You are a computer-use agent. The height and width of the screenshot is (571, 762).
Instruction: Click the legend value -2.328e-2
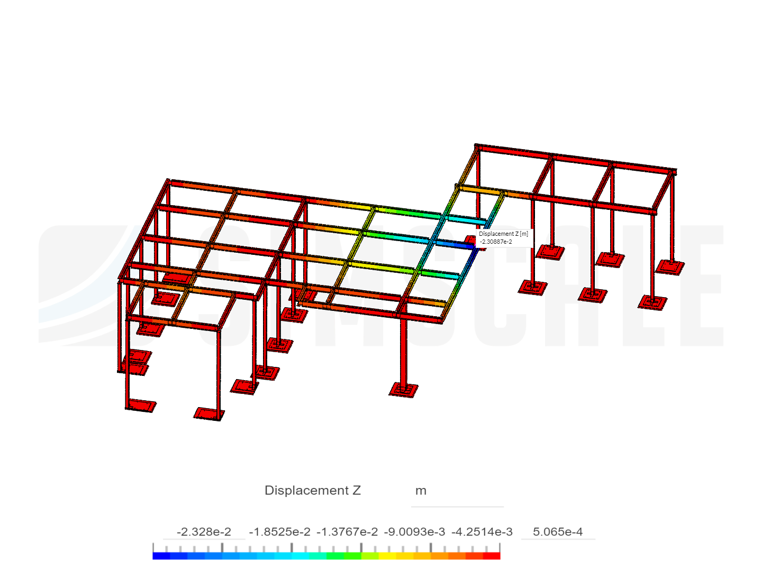[x=204, y=532]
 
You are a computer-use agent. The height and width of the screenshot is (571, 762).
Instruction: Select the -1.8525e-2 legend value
[x=279, y=532]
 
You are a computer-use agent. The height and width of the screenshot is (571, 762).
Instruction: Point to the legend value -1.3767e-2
[x=347, y=532]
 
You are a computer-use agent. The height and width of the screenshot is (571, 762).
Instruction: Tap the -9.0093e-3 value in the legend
[x=414, y=532]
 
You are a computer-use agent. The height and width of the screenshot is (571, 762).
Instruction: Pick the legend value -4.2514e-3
[x=482, y=532]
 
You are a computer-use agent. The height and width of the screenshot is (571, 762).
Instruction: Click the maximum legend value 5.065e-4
[x=558, y=532]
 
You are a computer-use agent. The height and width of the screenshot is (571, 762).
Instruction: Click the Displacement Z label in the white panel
[x=313, y=491]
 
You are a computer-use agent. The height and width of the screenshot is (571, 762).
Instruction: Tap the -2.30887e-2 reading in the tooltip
[x=496, y=242]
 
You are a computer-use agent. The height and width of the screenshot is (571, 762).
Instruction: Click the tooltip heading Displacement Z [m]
[x=503, y=234]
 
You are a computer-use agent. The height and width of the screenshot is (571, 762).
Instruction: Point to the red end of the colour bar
[x=492, y=556]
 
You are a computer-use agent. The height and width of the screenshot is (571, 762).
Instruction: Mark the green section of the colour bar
[x=339, y=556]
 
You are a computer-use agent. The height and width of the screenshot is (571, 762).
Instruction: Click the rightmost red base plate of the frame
[x=670, y=266]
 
